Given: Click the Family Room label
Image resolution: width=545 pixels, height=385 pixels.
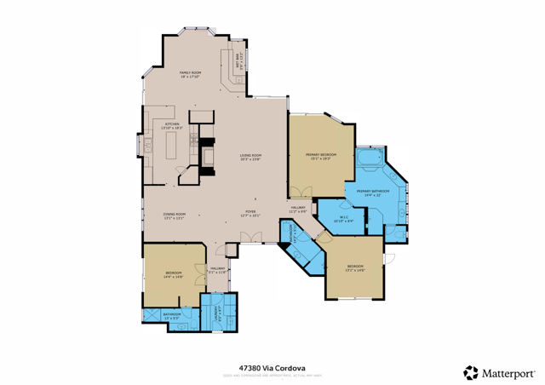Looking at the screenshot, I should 190,75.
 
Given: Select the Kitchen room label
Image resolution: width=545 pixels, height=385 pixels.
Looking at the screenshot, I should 172,126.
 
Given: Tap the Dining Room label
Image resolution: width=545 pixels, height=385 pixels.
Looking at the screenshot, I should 175,215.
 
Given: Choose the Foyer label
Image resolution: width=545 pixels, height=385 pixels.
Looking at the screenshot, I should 250,214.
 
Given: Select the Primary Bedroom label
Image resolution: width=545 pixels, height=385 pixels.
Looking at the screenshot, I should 321,157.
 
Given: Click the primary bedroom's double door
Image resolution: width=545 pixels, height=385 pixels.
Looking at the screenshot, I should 295,191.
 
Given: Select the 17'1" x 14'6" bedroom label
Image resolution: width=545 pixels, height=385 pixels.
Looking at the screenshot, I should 355,268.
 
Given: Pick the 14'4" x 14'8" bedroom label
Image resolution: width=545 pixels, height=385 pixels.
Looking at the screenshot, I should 173,274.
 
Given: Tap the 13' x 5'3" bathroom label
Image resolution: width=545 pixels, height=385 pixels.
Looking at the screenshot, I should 172,315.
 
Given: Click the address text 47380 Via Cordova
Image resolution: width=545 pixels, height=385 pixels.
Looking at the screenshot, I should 272,366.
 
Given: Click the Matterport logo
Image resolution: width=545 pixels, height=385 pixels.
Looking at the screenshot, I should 498,372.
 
